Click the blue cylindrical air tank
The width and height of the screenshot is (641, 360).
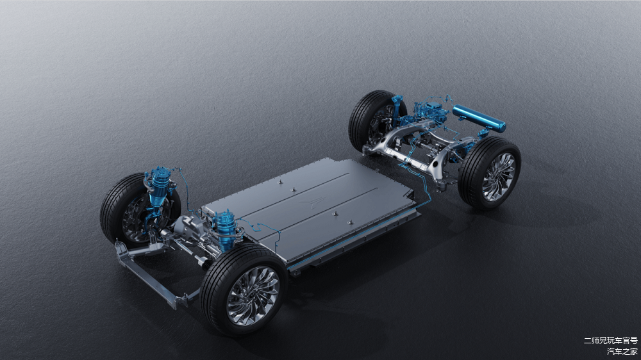[x=479, y=118]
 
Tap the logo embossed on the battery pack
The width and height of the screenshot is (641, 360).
[x=312, y=201]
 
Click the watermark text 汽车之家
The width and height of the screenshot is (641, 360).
[x=622, y=351]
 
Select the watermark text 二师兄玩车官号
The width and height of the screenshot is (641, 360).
[x=610, y=340]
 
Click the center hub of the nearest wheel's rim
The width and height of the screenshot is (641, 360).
[x=253, y=295]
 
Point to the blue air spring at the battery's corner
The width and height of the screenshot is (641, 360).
[x=225, y=231]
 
